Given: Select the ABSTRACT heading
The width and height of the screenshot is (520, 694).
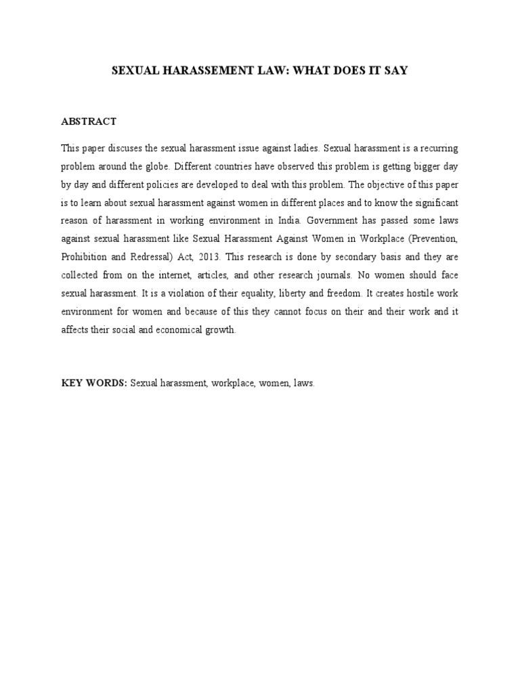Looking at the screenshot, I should coord(89,121).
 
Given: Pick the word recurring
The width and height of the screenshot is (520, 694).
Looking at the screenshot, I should coord(428,148).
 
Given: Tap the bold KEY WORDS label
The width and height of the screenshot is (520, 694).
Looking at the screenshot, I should coord(93,383).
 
